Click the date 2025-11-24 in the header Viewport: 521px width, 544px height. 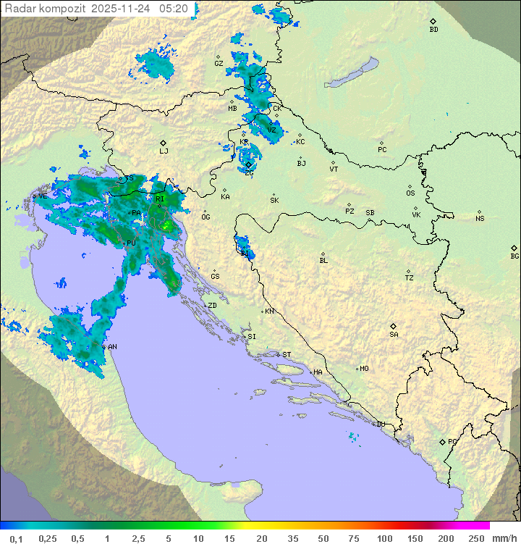tap(122, 9)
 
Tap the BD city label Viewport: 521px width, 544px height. tap(433, 30)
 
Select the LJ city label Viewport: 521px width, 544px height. tap(164, 151)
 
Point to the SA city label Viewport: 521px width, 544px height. tap(394, 335)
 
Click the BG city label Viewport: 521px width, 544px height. tap(514, 256)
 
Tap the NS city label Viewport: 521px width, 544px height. tap(480, 219)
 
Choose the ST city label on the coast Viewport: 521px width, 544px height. tap(287, 355)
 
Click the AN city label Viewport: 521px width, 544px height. tap(112, 347)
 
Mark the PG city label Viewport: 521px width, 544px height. tap(452, 441)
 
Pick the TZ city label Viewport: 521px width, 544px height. tap(410, 278)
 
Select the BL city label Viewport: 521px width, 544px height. tap(323, 261)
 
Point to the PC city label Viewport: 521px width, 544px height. tap(382, 150)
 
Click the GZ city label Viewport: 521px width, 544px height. tap(219, 64)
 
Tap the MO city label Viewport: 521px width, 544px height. tap(364, 369)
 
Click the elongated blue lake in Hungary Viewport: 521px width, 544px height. tap(352, 73)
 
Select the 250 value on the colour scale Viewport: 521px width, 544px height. tap(476, 537)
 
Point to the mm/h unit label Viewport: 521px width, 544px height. tap(503, 537)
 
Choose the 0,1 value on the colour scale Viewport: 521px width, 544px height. tap(17, 537)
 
